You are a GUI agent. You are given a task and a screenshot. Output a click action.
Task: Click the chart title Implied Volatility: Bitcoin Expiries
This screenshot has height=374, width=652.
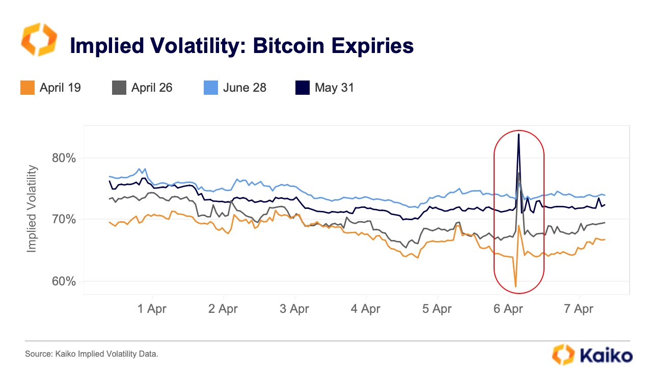[241, 46]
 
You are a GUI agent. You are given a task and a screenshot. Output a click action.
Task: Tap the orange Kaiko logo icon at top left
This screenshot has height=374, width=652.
[39, 40]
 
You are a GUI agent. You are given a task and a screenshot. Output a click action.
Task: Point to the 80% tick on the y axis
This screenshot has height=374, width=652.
[64, 158]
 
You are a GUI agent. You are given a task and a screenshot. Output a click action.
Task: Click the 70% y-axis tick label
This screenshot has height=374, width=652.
[64, 220]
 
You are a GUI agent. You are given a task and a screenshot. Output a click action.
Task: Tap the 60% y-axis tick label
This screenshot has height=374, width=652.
[64, 281]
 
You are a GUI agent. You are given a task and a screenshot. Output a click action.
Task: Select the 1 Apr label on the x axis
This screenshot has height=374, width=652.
[152, 309]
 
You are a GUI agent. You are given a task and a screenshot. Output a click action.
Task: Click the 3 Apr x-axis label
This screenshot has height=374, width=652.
[294, 309]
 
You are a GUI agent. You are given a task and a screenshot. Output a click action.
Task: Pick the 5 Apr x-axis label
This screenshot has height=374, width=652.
[437, 309]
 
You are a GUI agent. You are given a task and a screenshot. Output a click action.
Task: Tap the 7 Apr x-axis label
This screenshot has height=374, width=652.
[579, 309]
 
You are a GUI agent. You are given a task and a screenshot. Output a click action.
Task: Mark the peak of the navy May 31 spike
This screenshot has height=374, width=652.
[519, 134]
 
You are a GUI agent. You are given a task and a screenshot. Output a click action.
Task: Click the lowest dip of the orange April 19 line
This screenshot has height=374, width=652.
[515, 286]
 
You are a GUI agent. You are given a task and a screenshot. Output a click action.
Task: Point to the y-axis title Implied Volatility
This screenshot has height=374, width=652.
[32, 208]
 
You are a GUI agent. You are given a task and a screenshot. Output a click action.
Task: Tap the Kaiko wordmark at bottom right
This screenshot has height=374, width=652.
[606, 355]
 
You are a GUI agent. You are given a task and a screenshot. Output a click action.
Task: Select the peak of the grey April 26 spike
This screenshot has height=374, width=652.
[519, 174]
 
